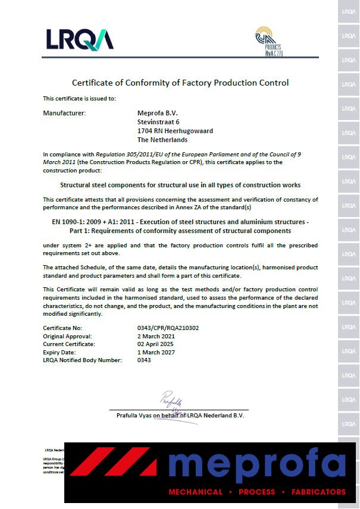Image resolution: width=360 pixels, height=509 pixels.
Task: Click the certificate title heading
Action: point(180,83)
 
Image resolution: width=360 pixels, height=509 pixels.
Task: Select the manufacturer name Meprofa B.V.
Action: point(157,113)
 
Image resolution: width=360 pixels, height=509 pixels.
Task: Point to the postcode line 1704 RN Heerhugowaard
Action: point(175,131)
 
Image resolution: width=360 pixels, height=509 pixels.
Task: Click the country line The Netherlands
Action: point(162,140)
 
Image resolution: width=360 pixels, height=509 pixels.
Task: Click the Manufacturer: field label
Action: point(64,113)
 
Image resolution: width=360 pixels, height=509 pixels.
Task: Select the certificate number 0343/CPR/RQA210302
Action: point(168,328)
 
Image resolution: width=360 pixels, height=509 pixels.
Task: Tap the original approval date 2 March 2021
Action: point(156,336)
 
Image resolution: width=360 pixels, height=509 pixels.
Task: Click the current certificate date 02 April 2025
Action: point(156,344)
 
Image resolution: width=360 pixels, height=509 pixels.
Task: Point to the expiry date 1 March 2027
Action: point(156,352)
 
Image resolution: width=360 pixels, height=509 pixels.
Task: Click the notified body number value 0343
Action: point(144,360)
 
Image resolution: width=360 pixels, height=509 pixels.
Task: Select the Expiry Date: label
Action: point(60,352)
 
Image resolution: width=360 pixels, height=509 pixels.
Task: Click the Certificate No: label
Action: point(62,328)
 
